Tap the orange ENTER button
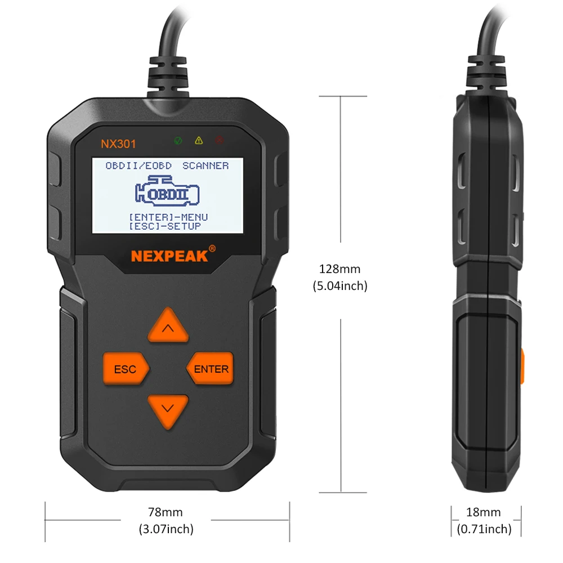tap(211, 369)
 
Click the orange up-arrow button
tap(168, 326)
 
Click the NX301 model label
tap(118, 144)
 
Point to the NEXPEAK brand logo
tap(170, 256)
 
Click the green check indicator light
tap(178, 140)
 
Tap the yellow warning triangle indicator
tap(198, 140)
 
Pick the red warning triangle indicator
tap(219, 140)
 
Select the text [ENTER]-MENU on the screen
tap(168, 217)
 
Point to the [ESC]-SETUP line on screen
tap(164, 226)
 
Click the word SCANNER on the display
tap(205, 166)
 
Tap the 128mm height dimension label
tap(339, 269)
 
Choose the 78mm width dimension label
tap(165, 512)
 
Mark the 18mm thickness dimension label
tap(484, 512)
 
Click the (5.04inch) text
tap(339, 286)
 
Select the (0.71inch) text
tap(484, 529)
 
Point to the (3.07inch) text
tap(166, 529)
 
